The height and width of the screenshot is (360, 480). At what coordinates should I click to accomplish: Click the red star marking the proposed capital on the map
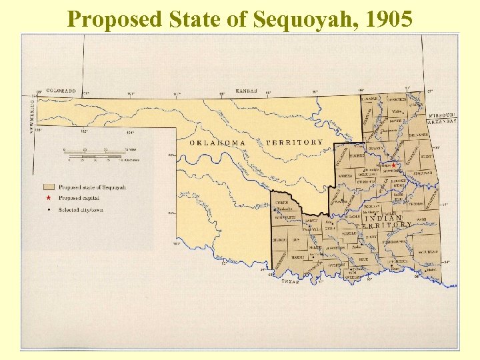click(393, 165)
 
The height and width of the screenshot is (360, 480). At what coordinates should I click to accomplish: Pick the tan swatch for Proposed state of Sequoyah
click(48, 187)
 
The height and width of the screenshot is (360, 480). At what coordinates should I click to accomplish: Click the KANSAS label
click(247, 91)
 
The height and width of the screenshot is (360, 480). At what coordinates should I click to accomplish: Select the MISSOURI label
click(443, 115)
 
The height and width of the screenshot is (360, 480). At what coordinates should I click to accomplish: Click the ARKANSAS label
click(443, 121)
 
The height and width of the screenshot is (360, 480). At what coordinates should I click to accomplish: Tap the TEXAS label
click(289, 282)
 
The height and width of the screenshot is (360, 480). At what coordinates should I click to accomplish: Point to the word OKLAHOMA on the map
click(217, 143)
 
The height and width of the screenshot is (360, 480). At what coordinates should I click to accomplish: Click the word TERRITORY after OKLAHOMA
click(294, 143)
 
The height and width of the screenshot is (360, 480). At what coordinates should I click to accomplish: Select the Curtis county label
click(281, 202)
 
